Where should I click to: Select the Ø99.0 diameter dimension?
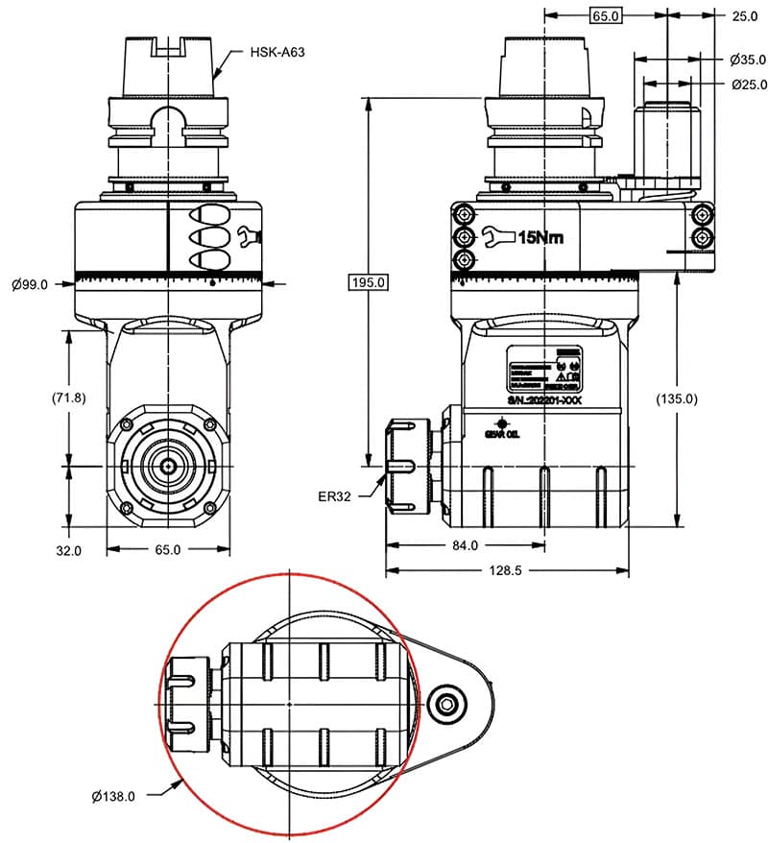click(30, 283)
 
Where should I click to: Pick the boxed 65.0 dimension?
click(605, 16)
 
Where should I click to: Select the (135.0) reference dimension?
click(677, 397)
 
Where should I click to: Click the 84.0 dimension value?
click(464, 546)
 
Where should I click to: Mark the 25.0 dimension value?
click(744, 16)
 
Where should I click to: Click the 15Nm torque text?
click(541, 236)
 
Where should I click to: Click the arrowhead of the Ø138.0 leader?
click(183, 782)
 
